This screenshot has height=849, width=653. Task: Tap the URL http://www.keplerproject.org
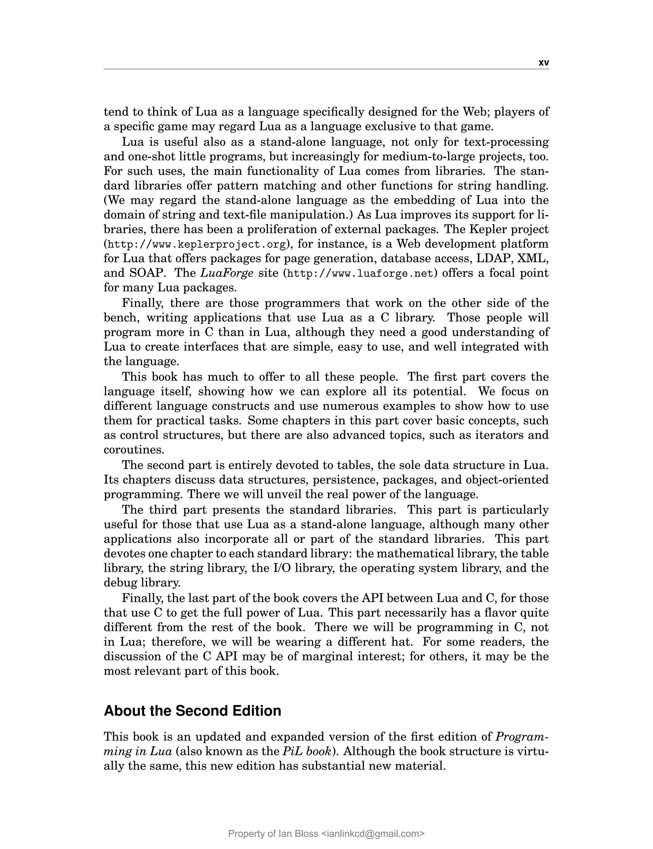197,245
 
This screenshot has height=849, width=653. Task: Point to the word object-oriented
507,480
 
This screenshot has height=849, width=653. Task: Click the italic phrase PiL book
306,752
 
